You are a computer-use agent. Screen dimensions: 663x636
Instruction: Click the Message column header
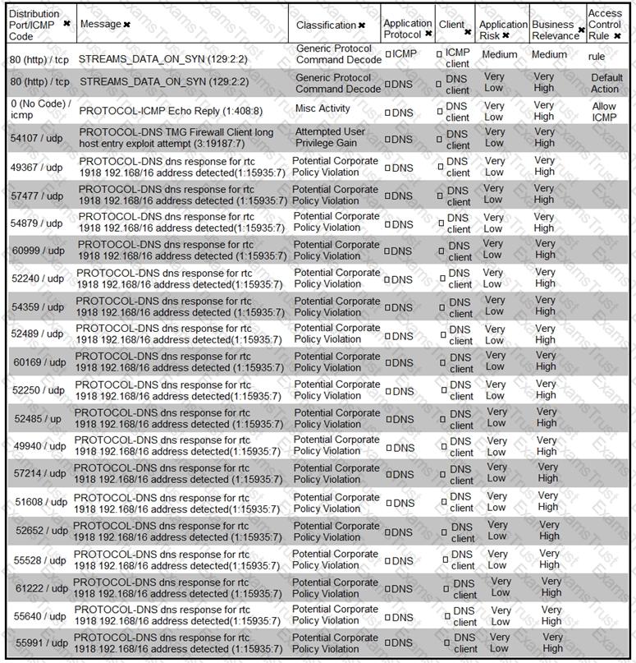pos(100,25)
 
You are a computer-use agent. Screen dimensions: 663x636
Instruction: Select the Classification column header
pos(326,25)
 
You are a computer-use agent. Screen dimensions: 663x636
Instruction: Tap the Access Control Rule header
pos(605,25)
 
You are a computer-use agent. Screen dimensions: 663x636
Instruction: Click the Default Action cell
pos(606,83)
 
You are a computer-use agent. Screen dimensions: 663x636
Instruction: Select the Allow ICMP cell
pos(604,113)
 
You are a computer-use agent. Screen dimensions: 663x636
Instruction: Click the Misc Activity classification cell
pos(323,108)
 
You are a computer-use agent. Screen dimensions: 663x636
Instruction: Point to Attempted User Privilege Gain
pos(330,137)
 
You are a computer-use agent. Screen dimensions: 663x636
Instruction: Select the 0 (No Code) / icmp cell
pos(40,110)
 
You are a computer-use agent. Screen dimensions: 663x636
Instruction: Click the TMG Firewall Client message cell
pos(176,137)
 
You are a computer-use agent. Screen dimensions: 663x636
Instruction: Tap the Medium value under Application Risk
pos(499,55)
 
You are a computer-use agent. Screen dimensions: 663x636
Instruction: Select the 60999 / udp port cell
pos(38,251)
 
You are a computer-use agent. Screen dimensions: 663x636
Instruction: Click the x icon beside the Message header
pos(127,25)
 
